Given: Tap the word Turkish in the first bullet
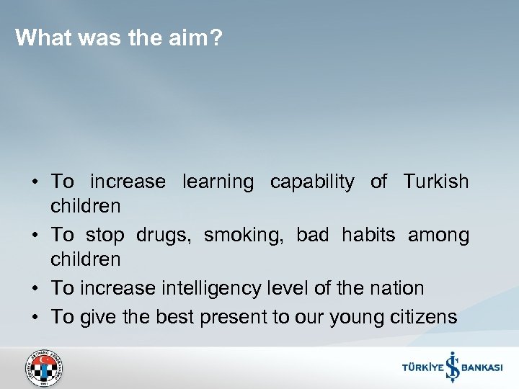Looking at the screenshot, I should (435, 182).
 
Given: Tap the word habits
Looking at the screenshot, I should (369, 235).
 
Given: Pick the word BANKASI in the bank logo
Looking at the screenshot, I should (482, 368).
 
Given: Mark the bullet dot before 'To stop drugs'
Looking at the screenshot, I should (35, 236).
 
